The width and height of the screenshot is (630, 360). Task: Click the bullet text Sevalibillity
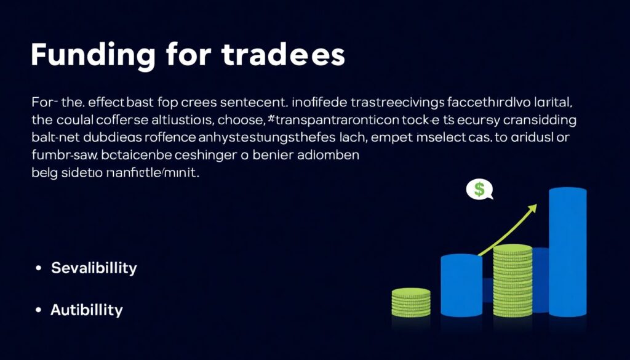click(x=94, y=268)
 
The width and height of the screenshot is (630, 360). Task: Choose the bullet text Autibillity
click(x=86, y=310)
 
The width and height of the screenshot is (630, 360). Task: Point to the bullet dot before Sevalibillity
click(x=39, y=269)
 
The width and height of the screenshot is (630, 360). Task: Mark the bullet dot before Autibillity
click(x=39, y=310)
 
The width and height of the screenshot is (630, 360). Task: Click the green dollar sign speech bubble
click(x=480, y=190)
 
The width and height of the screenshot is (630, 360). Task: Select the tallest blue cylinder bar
click(x=567, y=252)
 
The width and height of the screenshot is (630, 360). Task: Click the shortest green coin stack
click(x=410, y=303)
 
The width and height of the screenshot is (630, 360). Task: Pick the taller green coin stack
click(x=512, y=280)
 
